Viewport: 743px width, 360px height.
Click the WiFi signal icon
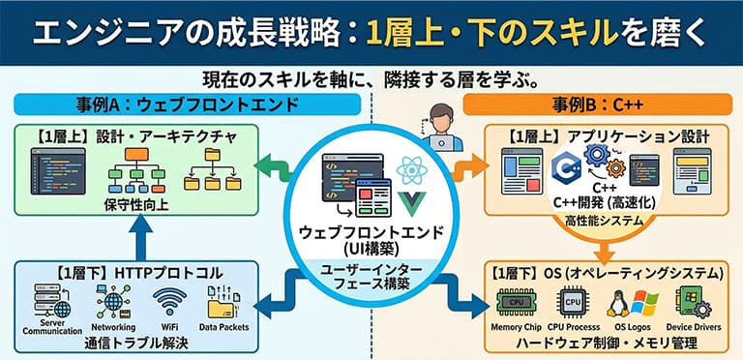pyautogui.click(x=169, y=302)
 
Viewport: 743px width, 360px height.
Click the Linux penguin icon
pyautogui.click(x=618, y=304)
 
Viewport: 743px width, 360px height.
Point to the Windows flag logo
pyautogui.click(x=644, y=303)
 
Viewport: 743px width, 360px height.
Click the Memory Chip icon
pyautogui.click(x=516, y=303)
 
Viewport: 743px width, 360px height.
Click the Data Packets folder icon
pyautogui.click(x=222, y=302)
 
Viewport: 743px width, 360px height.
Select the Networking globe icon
pyautogui.click(x=113, y=301)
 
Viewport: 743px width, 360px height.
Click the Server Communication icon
pyautogui.click(x=52, y=300)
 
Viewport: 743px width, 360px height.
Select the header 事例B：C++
pyautogui.click(x=597, y=105)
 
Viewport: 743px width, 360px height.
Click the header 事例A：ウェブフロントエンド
pyautogui.click(x=187, y=105)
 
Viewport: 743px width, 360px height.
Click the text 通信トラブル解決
pyautogui.click(x=136, y=343)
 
